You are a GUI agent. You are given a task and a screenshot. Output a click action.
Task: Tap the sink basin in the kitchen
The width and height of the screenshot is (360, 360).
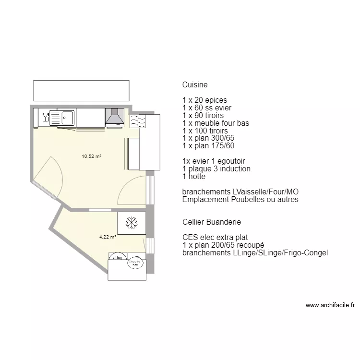pyautogui.click(x=67, y=117)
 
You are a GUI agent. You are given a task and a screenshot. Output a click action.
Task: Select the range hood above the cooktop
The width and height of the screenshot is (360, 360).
pyautogui.click(x=114, y=117)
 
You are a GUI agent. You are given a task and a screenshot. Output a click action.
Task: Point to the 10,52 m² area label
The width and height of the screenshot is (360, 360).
pyautogui.click(x=92, y=156)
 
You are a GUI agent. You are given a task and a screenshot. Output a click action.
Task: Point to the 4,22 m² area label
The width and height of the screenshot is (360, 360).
pyautogui.click(x=108, y=237)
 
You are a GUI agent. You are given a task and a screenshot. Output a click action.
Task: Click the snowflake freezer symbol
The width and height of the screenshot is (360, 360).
pyautogui.click(x=131, y=223)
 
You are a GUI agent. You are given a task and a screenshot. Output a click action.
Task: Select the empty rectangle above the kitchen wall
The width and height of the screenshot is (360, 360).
pyautogui.click(x=81, y=90)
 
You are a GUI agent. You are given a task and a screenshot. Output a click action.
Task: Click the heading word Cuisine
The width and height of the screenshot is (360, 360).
pyautogui.click(x=195, y=85)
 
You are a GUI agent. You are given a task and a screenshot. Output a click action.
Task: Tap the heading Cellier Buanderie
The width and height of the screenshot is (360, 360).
pyautogui.click(x=212, y=222)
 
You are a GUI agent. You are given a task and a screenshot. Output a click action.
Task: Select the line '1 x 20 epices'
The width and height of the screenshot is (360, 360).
pyautogui.click(x=204, y=100)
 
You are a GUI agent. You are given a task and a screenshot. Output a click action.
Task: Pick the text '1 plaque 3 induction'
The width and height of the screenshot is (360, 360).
pyautogui.click(x=216, y=169)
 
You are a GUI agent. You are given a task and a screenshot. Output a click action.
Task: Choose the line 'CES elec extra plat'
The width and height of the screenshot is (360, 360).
pyautogui.click(x=215, y=238)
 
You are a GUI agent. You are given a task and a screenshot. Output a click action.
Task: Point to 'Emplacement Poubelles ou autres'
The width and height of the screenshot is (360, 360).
pyautogui.click(x=240, y=200)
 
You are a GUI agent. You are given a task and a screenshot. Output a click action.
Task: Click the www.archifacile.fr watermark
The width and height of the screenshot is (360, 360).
pyautogui.click(x=330, y=305)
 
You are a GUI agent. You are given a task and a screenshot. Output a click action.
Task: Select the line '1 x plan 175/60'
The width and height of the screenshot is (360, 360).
pyautogui.click(x=208, y=146)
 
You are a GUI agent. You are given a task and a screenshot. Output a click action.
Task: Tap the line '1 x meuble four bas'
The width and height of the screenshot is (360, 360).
pyautogui.click(x=216, y=123)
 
